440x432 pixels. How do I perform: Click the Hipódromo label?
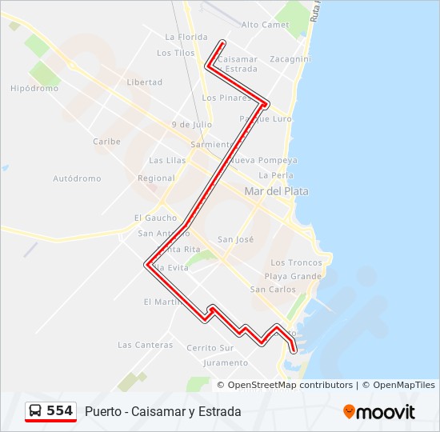coord(34,89)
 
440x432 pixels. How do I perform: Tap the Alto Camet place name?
coord(265,25)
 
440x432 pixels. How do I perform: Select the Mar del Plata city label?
coord(276,192)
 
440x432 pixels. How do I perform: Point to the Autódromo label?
coord(77,178)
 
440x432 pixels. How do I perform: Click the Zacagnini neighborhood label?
coord(290,59)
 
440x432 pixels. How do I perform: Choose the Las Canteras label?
coord(145,346)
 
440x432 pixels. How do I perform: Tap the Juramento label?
coord(226,362)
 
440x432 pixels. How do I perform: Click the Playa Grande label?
coord(293,276)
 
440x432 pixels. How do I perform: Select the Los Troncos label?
coord(296,262)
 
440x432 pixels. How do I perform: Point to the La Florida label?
coord(186,37)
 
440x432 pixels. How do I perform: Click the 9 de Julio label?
coord(191,125)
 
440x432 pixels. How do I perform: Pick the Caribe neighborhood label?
coord(106,142)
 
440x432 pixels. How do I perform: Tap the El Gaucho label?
coord(155,218)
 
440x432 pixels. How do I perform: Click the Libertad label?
coord(144,82)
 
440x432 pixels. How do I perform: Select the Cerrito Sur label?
coord(210,348)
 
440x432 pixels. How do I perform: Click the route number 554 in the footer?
coord(60,411)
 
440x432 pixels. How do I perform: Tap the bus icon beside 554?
coord(36,411)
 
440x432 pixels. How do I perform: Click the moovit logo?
coord(379,412)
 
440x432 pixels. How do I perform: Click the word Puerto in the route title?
coord(104,412)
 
